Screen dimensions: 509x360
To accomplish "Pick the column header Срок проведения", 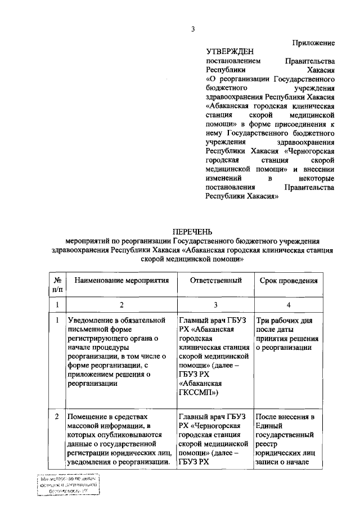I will [x=289, y=280].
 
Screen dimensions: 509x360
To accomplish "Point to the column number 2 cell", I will [x=121, y=304].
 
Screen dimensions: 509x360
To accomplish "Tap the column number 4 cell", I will [x=289, y=304].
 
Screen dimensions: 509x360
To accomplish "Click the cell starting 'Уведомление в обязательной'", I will [x=119, y=352].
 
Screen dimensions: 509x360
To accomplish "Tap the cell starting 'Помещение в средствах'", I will [x=119, y=440].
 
